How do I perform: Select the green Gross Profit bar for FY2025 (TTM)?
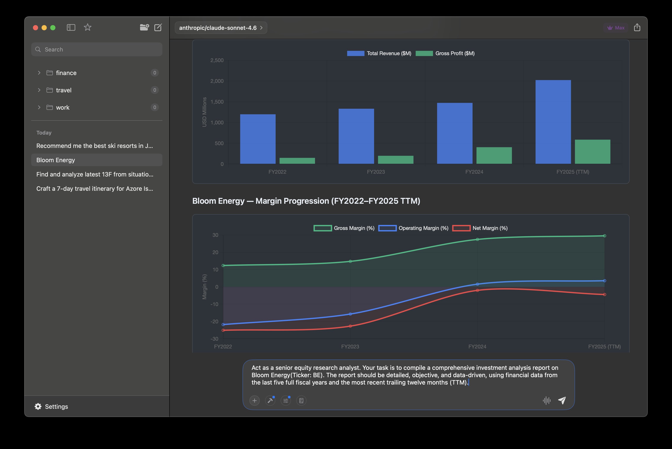[x=592, y=152]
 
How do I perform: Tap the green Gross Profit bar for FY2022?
[x=297, y=161]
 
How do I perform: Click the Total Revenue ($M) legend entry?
[x=379, y=53]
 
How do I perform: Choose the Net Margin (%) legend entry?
[x=480, y=228]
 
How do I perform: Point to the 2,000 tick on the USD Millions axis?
[x=217, y=81]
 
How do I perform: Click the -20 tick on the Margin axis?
[x=214, y=322]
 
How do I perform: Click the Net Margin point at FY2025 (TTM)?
[x=604, y=295]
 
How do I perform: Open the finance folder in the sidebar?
[x=66, y=73]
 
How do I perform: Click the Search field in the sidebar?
[x=97, y=49]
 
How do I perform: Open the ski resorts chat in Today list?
[x=95, y=146]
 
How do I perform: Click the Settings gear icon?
[x=38, y=407]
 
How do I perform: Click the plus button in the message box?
[x=254, y=401]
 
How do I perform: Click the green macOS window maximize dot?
[x=53, y=28]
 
